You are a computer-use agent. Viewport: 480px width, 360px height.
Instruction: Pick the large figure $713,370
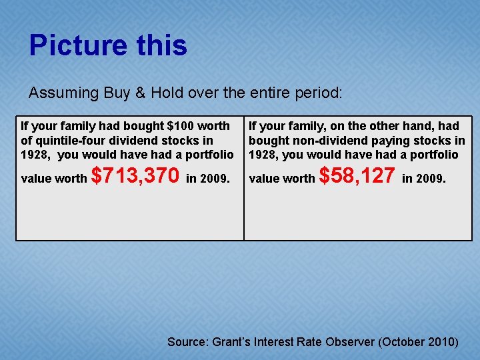135,176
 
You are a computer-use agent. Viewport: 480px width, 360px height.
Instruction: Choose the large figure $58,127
357,176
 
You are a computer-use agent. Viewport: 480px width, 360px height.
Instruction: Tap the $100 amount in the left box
179,125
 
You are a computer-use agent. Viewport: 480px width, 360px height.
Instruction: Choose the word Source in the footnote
187,342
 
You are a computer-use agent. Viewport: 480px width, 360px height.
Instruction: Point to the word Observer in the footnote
350,342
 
